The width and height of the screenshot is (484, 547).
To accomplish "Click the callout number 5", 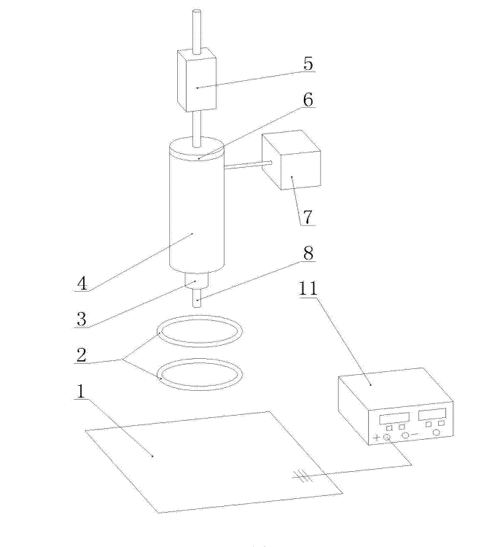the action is click(308, 63).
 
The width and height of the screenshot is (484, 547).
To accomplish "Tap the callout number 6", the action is click(308, 100).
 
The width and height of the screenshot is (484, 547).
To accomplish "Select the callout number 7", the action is click(308, 217).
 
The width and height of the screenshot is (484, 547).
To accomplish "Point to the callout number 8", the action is click(308, 253).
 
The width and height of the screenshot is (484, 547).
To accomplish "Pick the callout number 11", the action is click(308, 289).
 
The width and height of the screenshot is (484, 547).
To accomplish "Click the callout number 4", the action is click(82, 283).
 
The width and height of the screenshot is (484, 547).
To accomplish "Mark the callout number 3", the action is click(81, 319).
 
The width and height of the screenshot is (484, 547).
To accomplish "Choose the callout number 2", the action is click(81, 355).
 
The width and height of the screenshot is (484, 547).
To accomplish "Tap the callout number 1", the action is click(81, 391).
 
